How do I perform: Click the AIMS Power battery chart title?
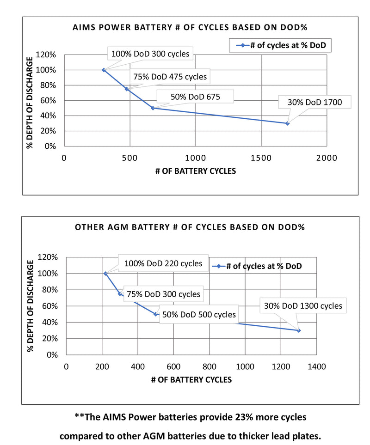(190, 27)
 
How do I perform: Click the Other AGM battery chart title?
(190, 227)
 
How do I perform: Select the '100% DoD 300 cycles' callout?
(150, 54)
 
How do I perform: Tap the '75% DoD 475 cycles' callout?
(170, 77)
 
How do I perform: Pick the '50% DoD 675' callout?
(195, 97)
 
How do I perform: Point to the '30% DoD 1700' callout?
(314, 102)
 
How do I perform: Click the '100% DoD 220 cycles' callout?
(163, 263)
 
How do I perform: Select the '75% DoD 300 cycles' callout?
(163, 294)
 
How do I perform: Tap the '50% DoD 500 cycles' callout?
(199, 315)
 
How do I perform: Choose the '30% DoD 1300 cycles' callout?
(303, 305)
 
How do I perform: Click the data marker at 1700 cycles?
(287, 123)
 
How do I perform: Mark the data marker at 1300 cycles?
(299, 330)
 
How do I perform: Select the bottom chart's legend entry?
(258, 266)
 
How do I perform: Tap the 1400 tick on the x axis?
(316, 366)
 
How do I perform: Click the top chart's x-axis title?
(195, 171)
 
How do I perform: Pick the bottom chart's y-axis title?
(31, 306)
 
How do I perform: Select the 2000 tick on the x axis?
(327, 158)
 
